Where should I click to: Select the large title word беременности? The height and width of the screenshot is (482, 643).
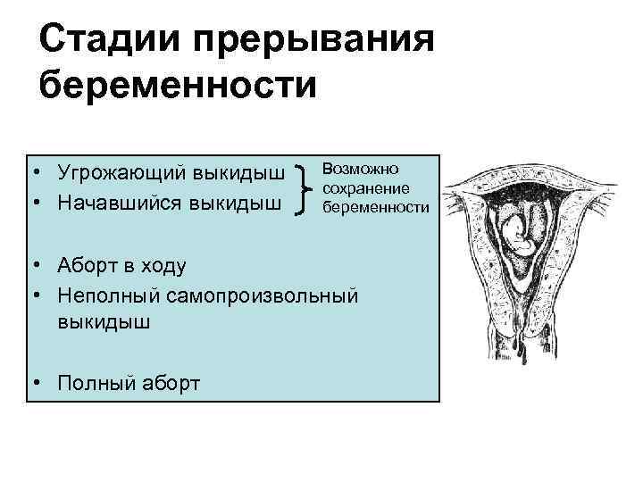(x=179, y=87)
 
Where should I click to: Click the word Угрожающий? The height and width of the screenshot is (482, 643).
(x=121, y=170)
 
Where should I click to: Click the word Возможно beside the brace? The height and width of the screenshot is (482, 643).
(x=361, y=168)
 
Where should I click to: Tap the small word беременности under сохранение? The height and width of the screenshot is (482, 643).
(x=376, y=207)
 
